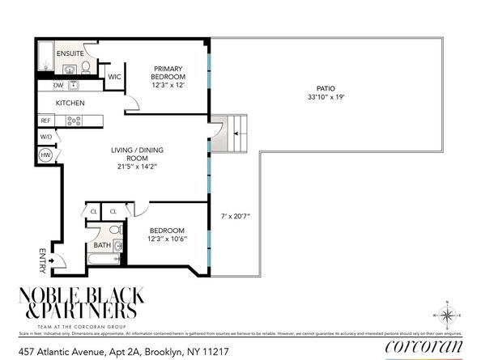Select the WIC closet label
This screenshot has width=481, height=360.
115,77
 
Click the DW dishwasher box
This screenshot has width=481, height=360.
58,85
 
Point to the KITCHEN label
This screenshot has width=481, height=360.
70,104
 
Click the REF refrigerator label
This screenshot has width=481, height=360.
46,121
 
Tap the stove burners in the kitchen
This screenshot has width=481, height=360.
74,121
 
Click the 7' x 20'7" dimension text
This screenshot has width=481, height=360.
236,217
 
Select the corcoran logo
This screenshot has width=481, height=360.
424,347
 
